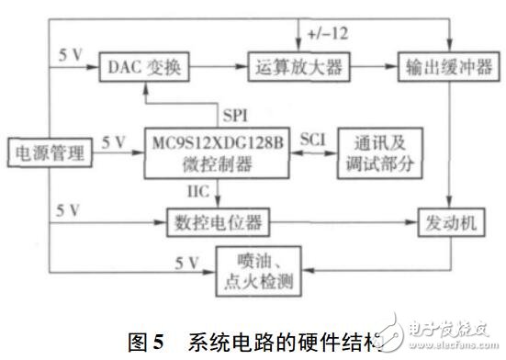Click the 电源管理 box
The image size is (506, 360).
click(46, 151)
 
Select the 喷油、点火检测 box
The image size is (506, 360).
click(258, 268)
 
